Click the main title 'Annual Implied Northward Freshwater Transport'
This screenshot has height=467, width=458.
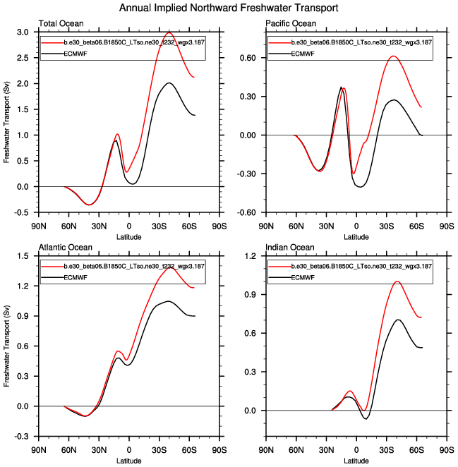229,8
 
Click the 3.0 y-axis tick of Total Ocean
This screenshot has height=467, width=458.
22,32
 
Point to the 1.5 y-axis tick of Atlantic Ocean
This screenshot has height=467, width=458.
22,255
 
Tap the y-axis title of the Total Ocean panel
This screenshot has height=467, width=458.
7,122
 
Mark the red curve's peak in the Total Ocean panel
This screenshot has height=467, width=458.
169,32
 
